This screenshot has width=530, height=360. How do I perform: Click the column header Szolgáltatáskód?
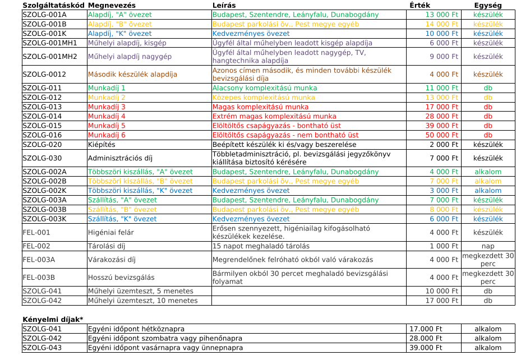53,5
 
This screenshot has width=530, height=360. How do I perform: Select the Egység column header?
487,5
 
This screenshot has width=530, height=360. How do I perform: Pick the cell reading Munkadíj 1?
107,88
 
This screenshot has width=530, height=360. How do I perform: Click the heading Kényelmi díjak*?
53,320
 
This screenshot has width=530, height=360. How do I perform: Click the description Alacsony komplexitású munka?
265,88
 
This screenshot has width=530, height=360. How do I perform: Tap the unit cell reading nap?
488,246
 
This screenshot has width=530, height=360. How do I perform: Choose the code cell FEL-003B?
39,278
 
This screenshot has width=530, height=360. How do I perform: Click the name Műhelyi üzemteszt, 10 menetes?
143,301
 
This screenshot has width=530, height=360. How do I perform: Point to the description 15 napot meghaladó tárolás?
261,246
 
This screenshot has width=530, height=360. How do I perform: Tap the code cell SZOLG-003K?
44,219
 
